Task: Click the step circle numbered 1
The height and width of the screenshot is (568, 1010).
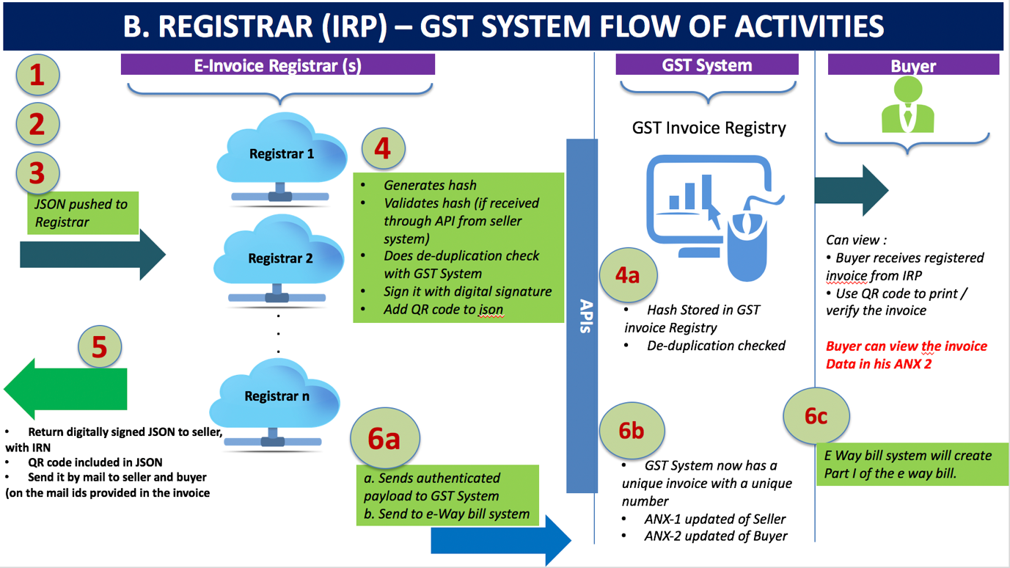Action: [x=37, y=75]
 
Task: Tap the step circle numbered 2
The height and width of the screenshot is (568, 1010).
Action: [x=37, y=123]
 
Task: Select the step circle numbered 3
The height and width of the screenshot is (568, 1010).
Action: [x=37, y=173]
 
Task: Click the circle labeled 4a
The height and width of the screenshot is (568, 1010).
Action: [x=627, y=275]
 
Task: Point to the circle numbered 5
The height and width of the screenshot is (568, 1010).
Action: [x=100, y=347]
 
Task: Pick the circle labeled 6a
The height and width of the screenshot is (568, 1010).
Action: [x=384, y=438]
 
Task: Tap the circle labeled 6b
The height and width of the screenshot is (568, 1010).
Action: [x=632, y=430]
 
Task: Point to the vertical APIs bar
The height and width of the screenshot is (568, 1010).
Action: [x=582, y=316]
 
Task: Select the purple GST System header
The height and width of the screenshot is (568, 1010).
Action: [x=707, y=65]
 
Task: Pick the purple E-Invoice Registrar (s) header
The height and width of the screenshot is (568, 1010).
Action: [x=278, y=65]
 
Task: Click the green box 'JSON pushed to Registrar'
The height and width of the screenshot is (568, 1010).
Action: [x=82, y=214]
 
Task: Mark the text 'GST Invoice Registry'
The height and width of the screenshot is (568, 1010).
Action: [x=709, y=128]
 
